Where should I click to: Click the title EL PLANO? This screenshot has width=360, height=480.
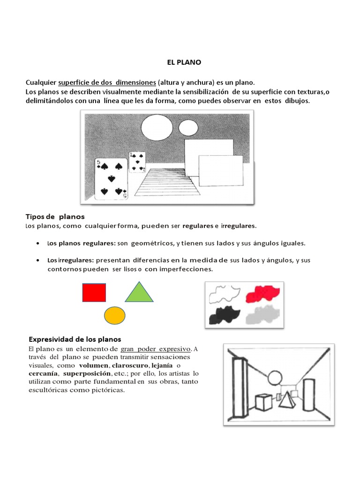[180, 61]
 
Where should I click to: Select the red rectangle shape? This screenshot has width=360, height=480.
[94, 292]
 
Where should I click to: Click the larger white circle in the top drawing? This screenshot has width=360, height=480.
[157, 128]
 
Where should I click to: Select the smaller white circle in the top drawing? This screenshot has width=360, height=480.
[188, 127]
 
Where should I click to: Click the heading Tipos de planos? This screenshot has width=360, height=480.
[55, 217]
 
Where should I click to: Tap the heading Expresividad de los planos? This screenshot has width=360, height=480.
[75, 339]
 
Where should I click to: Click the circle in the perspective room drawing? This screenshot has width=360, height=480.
[274, 377]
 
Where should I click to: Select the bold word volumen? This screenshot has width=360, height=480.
[93, 365]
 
